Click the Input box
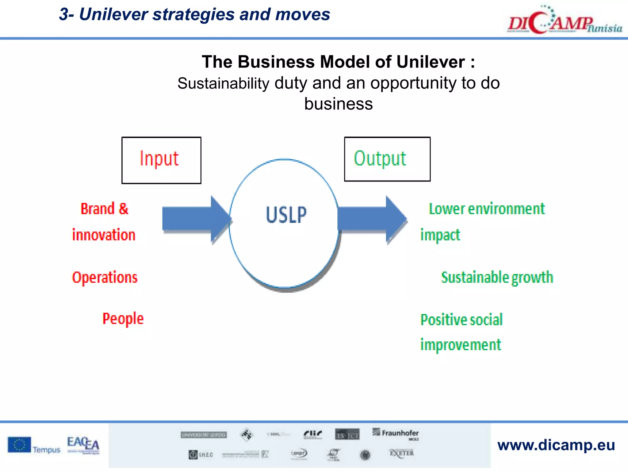click(x=161, y=160)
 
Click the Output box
click(x=387, y=159)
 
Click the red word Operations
click(x=105, y=278)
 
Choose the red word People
click(x=123, y=319)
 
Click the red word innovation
click(x=104, y=235)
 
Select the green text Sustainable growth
click(x=497, y=278)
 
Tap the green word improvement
click(x=460, y=345)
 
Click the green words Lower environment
click(x=486, y=209)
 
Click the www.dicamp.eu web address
click(x=556, y=445)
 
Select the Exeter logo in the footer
click(x=401, y=453)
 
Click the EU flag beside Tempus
click(x=19, y=445)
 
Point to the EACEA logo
click(x=83, y=445)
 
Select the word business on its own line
click(x=338, y=104)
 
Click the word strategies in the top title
click(x=194, y=14)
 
